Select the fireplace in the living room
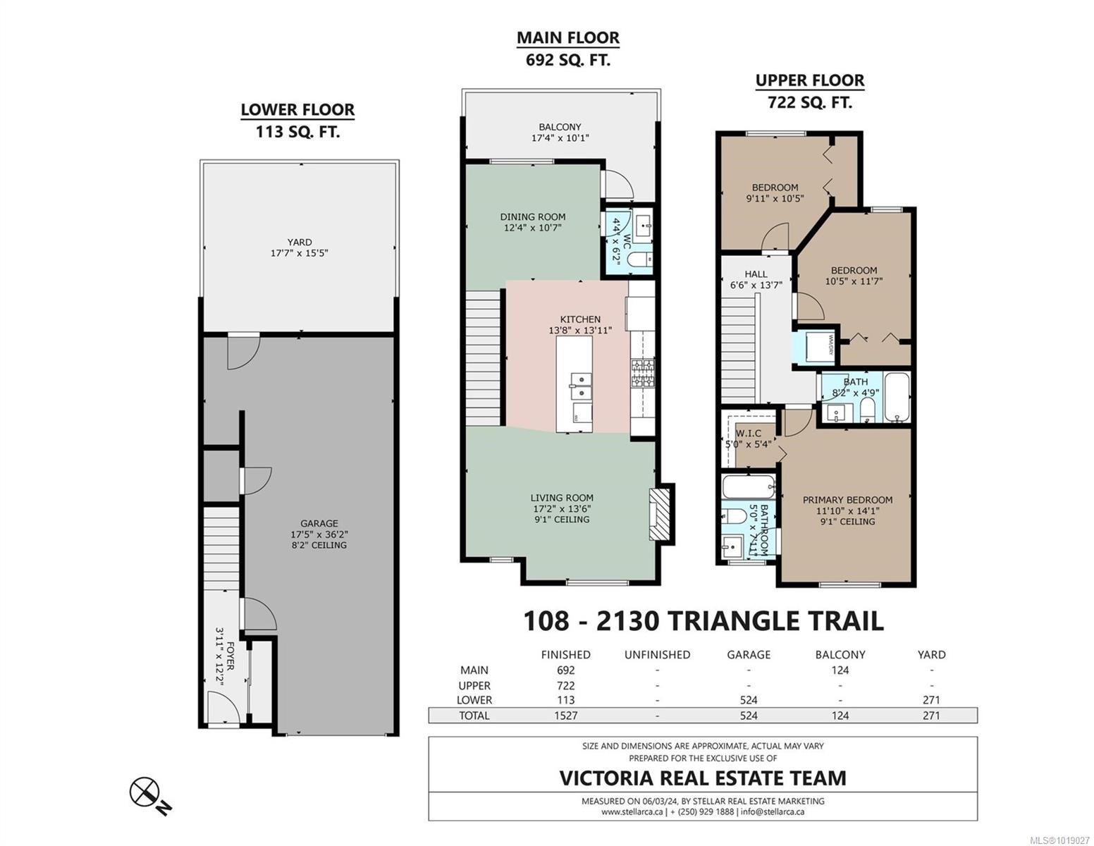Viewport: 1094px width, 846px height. [x=657, y=515]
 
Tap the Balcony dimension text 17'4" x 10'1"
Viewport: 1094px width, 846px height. [x=560, y=139]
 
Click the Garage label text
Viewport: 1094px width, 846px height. [x=319, y=524]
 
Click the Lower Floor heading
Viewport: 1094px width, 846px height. [x=297, y=110]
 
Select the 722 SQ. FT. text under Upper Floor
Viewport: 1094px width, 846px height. [x=810, y=102]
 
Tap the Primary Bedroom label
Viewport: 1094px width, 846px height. [x=847, y=500]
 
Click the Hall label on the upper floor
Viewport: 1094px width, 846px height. [x=756, y=274]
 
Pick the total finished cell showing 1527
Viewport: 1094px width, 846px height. [x=565, y=716]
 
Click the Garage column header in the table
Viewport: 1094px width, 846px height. [x=749, y=654]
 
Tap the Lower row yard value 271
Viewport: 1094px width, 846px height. [x=931, y=700]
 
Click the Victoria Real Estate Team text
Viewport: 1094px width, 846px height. [x=702, y=778]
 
